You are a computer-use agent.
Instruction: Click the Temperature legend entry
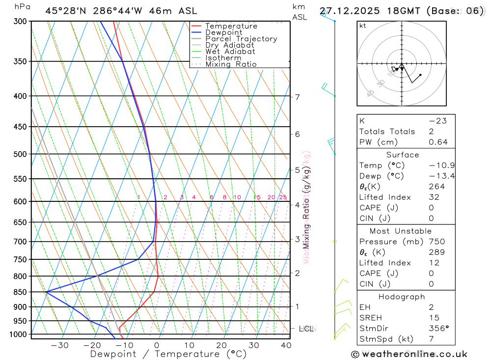tap(231, 26)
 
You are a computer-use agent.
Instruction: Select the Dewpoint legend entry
tap(224, 32)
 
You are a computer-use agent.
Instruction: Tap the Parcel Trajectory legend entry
tap(241, 39)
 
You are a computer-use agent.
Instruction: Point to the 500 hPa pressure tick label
tap(20, 154)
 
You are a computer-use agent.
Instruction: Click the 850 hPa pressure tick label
tap(20, 292)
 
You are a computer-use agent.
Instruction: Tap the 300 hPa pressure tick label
tap(20, 22)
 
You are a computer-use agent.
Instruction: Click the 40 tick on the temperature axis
tap(286, 345)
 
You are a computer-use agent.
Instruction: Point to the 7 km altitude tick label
tap(298, 97)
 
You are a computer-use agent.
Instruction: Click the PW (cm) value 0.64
tap(438, 142)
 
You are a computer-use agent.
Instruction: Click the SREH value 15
tap(434, 318)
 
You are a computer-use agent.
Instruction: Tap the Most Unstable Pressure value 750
tap(436, 242)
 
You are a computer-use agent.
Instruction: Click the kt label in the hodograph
tap(363, 26)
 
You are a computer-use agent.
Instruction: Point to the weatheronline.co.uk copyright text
tap(409, 354)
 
